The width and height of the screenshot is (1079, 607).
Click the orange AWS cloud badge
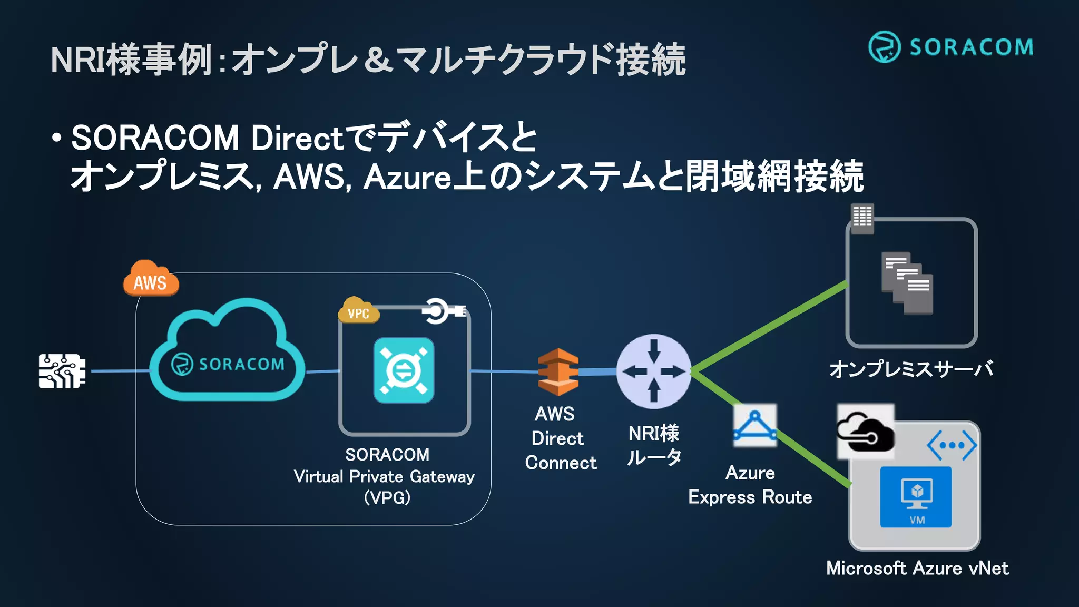151,279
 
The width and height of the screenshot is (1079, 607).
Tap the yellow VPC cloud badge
358,311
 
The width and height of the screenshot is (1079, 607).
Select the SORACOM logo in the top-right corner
950,47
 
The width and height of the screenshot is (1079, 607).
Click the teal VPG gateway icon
404,370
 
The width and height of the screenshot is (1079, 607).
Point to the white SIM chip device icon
62,371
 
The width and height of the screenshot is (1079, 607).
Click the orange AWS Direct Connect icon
558,372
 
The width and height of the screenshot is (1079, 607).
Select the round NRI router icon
653,372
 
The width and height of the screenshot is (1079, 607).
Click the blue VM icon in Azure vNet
916,497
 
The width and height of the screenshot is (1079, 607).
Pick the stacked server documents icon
907,283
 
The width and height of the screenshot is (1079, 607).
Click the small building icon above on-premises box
862,218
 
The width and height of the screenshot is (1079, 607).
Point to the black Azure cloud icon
866,432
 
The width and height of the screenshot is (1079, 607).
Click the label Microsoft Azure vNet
917,569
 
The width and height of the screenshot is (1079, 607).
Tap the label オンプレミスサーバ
911,369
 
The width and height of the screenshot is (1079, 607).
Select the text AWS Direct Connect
560,438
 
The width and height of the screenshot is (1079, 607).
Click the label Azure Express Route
750,485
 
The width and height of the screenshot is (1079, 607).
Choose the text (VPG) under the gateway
387,498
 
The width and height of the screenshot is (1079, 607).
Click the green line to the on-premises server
769,327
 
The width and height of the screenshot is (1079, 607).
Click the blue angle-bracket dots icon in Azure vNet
952,446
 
